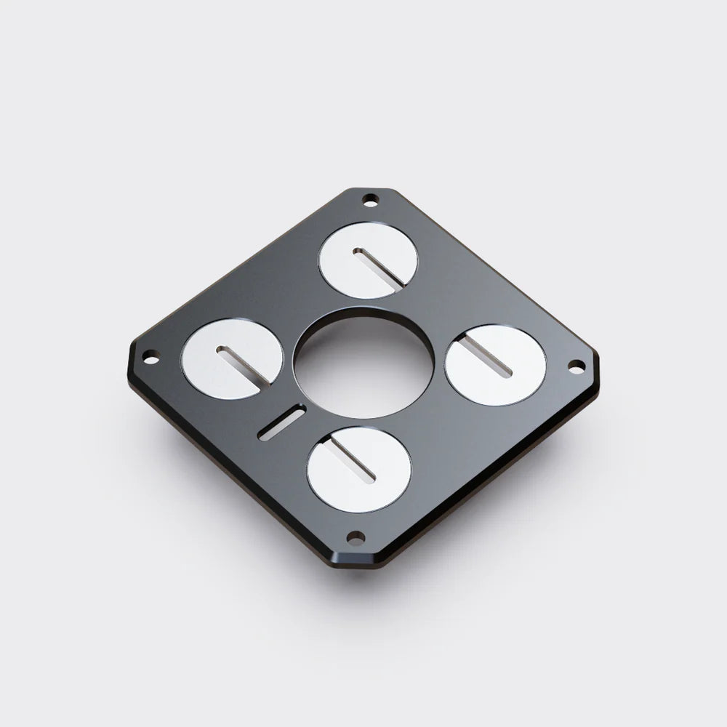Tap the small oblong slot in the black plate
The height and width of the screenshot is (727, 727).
281,423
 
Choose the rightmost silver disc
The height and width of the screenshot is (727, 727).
495,364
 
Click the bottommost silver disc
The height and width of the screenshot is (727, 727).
359,470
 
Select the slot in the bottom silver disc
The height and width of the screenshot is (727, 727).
352,462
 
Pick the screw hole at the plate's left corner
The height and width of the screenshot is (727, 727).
150,356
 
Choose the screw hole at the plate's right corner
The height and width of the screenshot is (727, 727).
574,365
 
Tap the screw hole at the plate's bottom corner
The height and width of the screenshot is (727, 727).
356,538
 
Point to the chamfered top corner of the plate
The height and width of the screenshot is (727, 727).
371,190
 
